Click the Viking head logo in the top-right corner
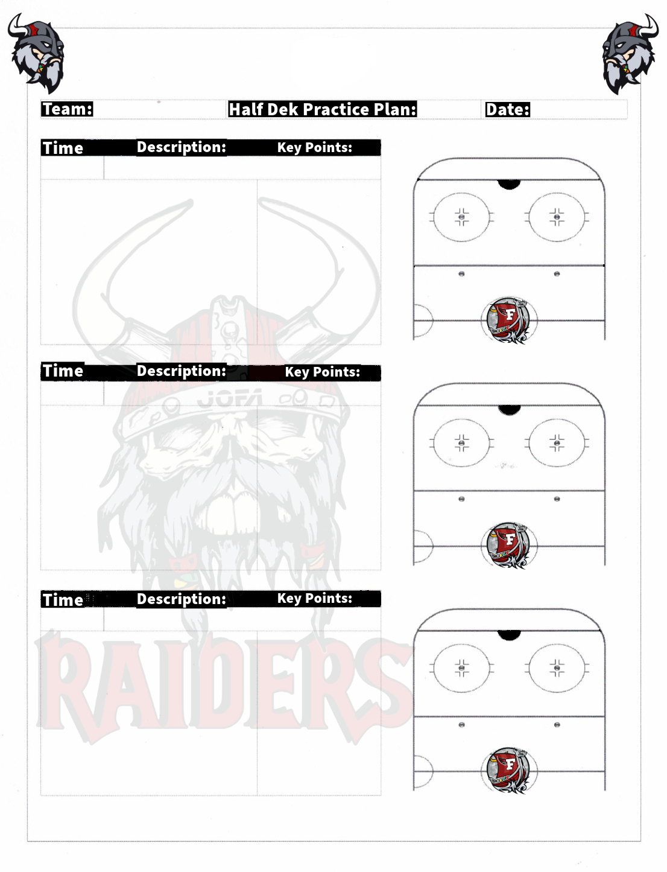coord(630,54)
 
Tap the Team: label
coord(67,109)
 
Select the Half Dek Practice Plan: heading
coord(323,109)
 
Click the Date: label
coord(508,109)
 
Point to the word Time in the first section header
coord(63,148)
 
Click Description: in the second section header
coord(182,371)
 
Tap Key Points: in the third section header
coord(315,598)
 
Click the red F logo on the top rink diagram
coord(508,320)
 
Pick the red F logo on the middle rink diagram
coord(508,545)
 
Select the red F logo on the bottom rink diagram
coord(508,770)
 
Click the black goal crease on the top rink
coord(509,184)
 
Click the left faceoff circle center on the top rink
coord(461,217)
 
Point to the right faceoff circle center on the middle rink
coord(557,442)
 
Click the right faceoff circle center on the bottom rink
coord(557,668)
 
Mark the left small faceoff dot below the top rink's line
coord(461,274)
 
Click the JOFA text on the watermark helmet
coord(230,398)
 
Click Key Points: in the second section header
coord(323,372)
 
